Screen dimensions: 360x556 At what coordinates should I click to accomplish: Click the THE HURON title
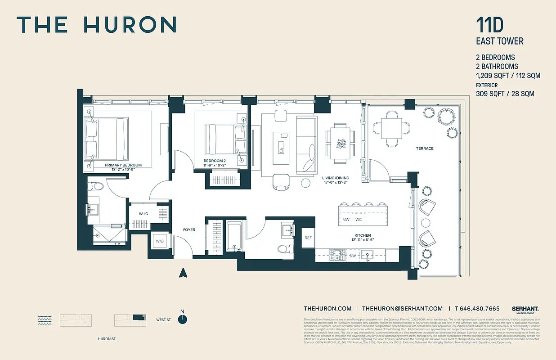96,25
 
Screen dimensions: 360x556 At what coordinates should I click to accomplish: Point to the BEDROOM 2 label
215,161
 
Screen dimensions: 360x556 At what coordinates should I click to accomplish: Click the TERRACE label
424,148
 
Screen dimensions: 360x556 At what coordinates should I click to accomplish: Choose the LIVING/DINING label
336,178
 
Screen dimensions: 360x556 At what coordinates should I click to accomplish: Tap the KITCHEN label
362,235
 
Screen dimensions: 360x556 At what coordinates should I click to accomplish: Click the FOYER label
189,230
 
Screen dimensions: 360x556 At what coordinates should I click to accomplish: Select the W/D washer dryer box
160,241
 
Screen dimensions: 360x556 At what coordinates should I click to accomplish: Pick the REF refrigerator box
308,238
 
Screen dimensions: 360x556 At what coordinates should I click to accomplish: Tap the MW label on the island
346,220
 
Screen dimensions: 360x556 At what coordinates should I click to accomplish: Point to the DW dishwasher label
353,256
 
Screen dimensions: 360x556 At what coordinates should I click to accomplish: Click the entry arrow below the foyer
183,273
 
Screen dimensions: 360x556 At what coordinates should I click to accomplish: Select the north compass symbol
182,319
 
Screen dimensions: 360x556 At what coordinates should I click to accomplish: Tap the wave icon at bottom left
44,320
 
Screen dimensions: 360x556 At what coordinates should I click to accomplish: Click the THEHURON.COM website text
327,309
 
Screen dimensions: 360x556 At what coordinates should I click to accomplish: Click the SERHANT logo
525,309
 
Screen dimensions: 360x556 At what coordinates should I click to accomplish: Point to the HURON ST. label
107,339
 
